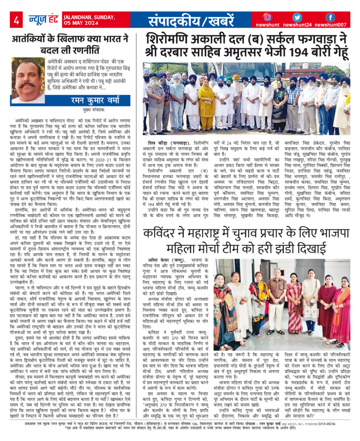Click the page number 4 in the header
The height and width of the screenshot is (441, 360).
[16, 21]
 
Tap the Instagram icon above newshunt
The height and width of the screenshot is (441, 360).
[268, 17]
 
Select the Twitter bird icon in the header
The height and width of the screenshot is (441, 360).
[297, 17]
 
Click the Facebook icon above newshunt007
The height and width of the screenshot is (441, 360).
[330, 17]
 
